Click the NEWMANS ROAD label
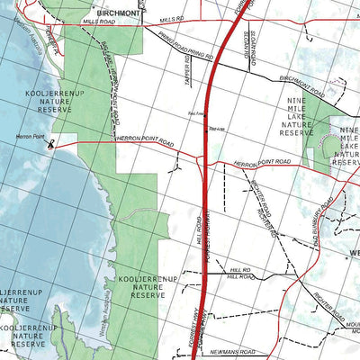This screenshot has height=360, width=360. click(x=236, y=351)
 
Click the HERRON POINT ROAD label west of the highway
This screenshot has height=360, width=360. click(x=143, y=142)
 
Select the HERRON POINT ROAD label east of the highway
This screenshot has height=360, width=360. click(x=262, y=162)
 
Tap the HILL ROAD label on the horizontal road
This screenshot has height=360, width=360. click(x=238, y=275)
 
